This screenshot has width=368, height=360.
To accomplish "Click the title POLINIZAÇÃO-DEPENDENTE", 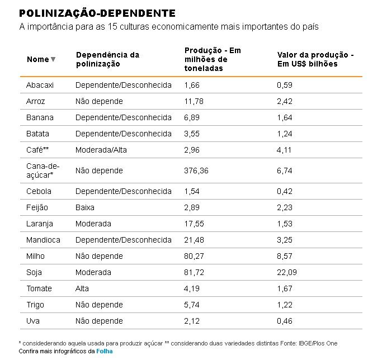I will click(x=97, y=13).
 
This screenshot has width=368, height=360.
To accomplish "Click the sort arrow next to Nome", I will click(x=53, y=60).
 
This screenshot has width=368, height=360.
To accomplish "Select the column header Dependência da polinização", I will click(x=107, y=59).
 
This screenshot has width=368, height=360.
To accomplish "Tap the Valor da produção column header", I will click(x=315, y=59).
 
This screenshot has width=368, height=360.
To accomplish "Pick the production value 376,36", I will click(x=196, y=170).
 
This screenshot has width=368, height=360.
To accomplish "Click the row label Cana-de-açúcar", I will click(x=43, y=170).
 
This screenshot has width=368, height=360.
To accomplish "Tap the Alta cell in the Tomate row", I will click(x=83, y=288).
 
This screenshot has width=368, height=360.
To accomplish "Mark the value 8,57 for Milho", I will click(x=285, y=256).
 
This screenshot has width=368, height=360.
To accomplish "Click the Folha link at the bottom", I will click(x=105, y=352).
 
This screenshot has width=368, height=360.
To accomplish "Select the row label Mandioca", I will click(x=43, y=240).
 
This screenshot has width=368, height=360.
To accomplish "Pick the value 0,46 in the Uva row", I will click(x=285, y=321).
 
